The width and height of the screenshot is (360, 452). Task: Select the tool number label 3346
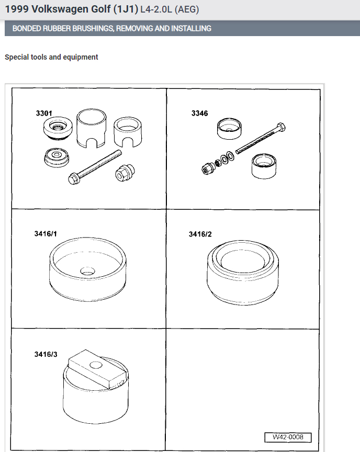click(199, 113)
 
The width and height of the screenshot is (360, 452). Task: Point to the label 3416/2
click(200, 234)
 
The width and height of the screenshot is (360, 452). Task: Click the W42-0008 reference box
click(288, 437)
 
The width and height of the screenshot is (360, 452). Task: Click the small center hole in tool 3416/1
click(87, 271)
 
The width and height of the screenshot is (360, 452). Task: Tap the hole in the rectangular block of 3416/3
click(97, 364)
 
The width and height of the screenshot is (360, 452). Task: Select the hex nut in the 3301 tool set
click(123, 171)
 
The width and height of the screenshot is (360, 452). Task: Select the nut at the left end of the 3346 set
click(206, 168)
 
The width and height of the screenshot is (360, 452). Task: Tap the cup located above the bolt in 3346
click(229, 128)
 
